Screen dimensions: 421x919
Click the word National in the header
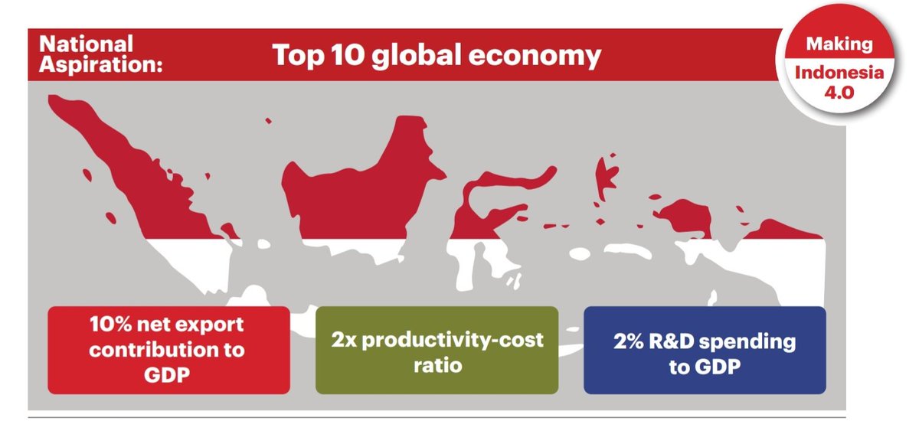84,44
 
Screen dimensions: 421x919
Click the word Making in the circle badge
839,44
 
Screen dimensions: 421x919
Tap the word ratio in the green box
437,365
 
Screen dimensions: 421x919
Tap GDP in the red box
168,377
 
